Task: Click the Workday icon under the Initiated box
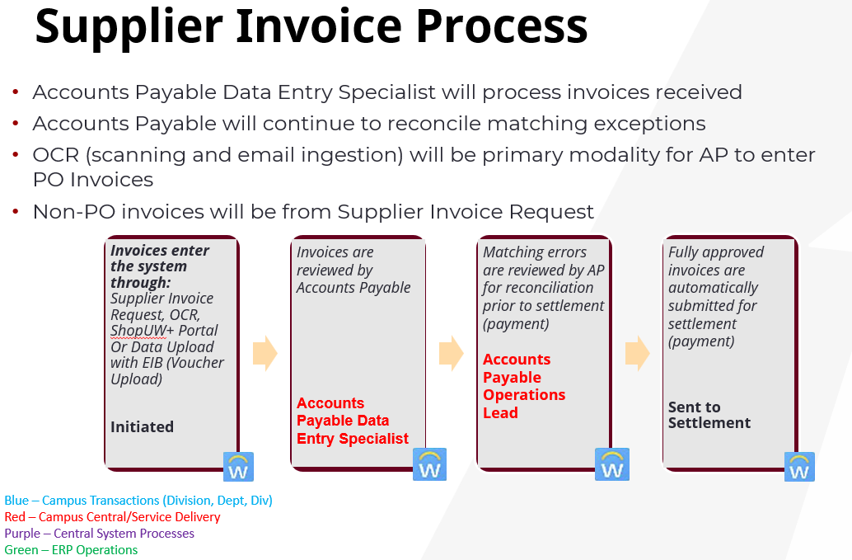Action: click(x=238, y=467)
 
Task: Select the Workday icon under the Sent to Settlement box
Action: click(x=799, y=467)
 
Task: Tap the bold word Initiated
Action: click(x=142, y=426)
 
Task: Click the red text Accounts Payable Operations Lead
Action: click(x=524, y=386)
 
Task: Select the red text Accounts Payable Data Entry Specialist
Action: click(x=353, y=421)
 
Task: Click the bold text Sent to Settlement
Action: click(x=709, y=415)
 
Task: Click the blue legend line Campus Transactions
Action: click(x=138, y=501)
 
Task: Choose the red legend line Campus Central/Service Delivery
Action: click(x=112, y=517)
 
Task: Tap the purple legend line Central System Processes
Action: click(x=99, y=534)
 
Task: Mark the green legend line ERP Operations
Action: click(x=71, y=550)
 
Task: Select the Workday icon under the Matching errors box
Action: click(x=612, y=464)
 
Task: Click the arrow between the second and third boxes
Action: click(x=451, y=353)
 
